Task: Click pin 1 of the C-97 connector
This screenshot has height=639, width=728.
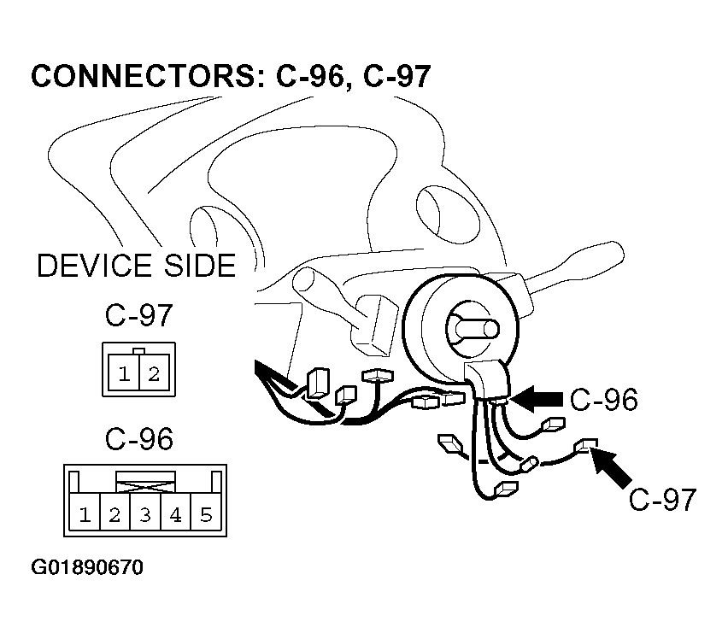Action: [x=125, y=373]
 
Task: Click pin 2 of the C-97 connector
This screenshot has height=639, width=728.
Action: [x=153, y=373]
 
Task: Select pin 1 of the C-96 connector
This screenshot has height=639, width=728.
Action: [x=85, y=514]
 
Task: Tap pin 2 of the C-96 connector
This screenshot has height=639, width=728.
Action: [x=114, y=514]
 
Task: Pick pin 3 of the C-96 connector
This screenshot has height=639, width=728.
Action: [x=145, y=514]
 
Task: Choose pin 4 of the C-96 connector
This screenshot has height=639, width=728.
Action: [x=175, y=514]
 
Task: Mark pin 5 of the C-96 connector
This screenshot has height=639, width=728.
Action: [x=205, y=514]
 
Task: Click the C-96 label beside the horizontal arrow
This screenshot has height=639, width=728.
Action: [x=604, y=399]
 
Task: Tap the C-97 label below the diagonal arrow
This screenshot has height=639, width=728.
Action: [x=662, y=499]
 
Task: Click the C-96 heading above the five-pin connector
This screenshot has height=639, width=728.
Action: [x=138, y=439]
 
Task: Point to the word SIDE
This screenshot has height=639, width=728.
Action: [x=193, y=266]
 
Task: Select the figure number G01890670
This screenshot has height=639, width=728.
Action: [x=86, y=568]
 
